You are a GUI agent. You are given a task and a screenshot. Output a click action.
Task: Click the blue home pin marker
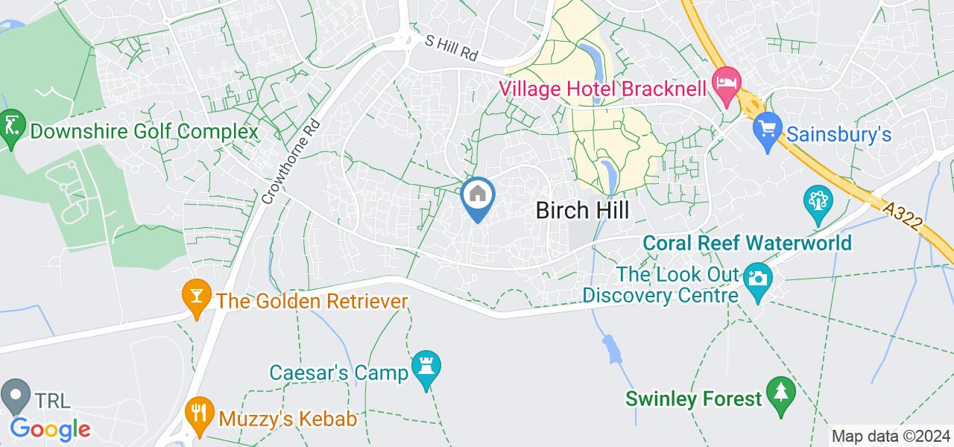pos(477,197)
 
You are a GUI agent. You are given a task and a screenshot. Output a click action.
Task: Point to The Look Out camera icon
pos(757,279)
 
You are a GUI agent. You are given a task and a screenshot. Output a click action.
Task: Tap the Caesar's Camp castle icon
pos(426,365)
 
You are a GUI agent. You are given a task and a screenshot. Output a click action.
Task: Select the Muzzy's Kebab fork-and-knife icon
pos(198,411)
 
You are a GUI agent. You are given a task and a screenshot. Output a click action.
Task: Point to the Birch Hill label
pos(582,211)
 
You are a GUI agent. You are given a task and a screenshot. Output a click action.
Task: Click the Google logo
pos(50,429)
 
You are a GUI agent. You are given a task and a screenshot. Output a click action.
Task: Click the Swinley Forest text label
pos(694,399)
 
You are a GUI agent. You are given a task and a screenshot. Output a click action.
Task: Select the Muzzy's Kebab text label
pos(288,419)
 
